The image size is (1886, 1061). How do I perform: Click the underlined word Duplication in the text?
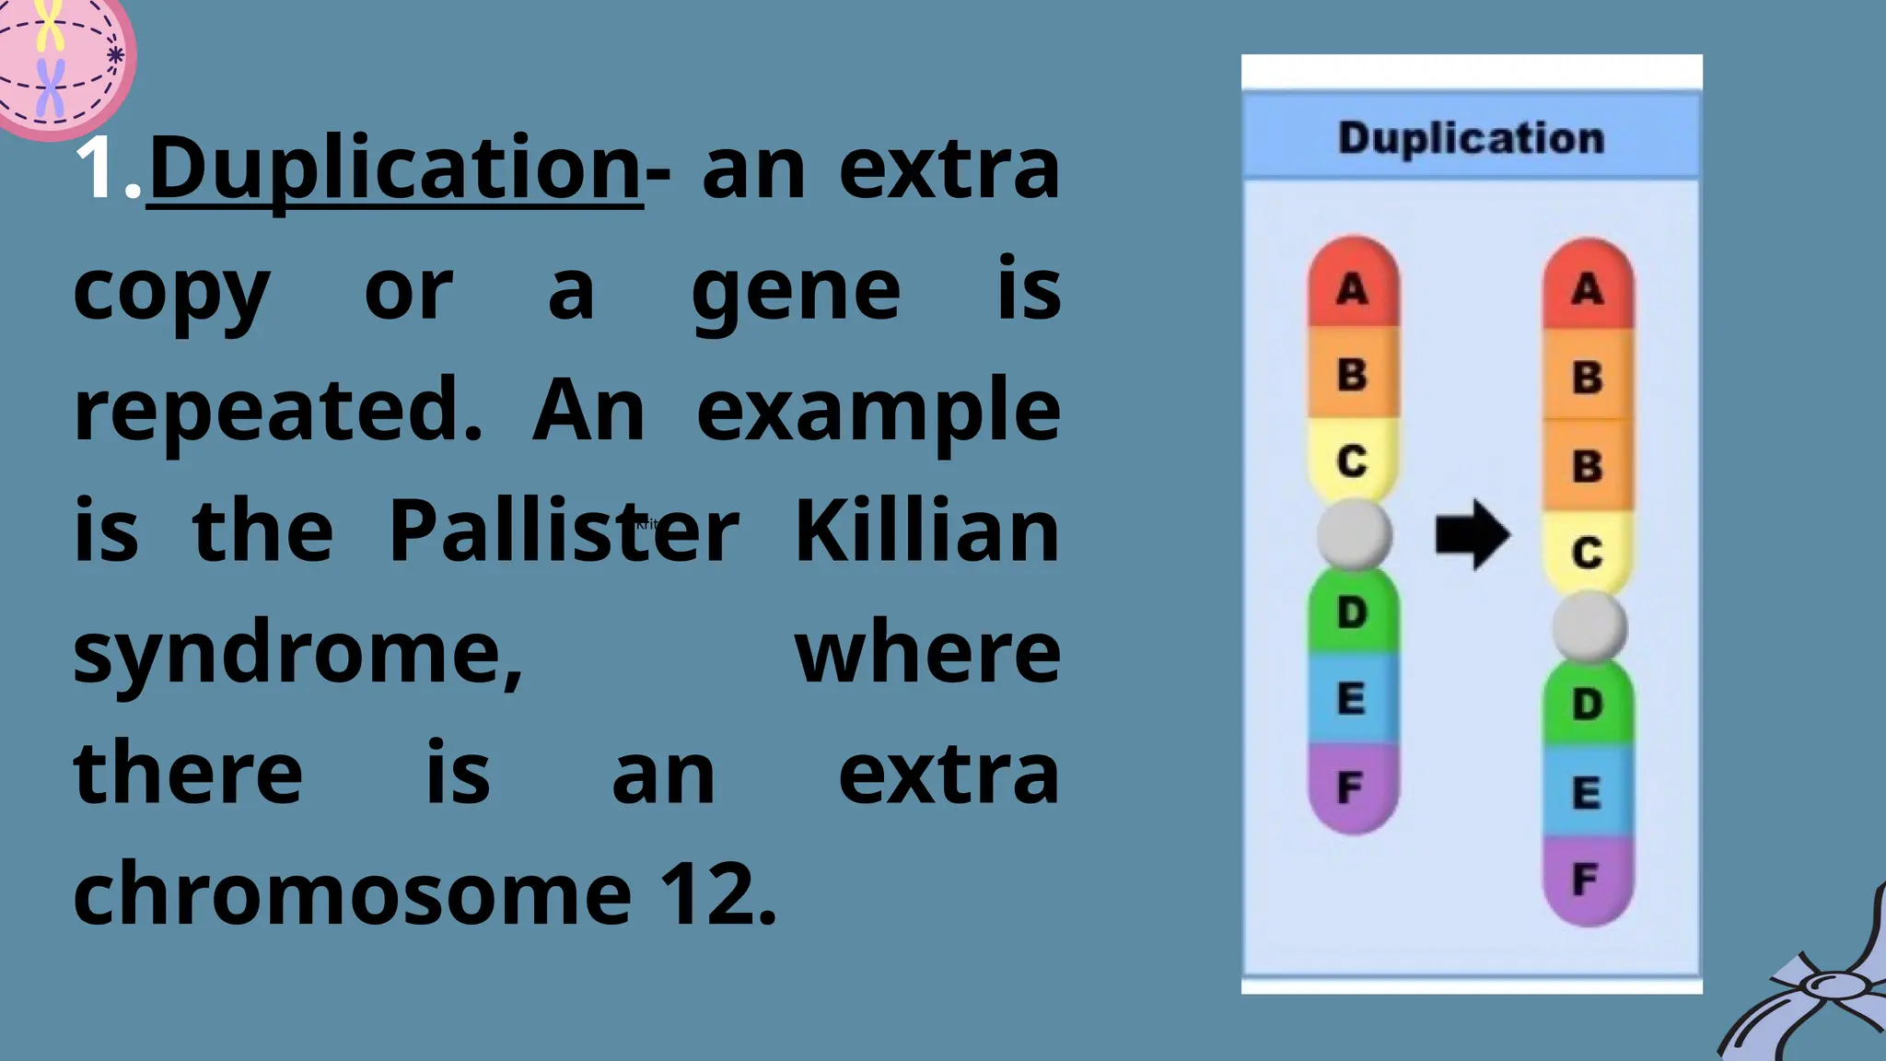tap(394, 169)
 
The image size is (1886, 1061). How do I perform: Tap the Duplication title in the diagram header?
tap(1471, 138)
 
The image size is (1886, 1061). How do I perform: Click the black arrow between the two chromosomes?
tap(1472, 535)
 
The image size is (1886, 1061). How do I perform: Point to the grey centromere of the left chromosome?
tap(1354, 534)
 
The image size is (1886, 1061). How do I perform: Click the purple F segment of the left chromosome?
tap(1352, 787)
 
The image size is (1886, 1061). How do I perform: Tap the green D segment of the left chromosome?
tap(1353, 612)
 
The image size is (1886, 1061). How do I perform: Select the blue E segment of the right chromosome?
tap(1587, 792)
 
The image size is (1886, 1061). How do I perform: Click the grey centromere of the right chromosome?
tap(1589, 627)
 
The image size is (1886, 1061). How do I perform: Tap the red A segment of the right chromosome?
tap(1588, 288)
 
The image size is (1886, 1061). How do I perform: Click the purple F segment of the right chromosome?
tap(1587, 880)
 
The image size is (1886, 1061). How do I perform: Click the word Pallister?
tap(563, 531)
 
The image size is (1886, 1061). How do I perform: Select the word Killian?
tap(926, 531)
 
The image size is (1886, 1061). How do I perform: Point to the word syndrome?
tap(297, 655)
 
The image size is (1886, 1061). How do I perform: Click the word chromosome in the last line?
tap(353, 894)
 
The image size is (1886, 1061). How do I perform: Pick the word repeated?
tap(277, 411)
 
